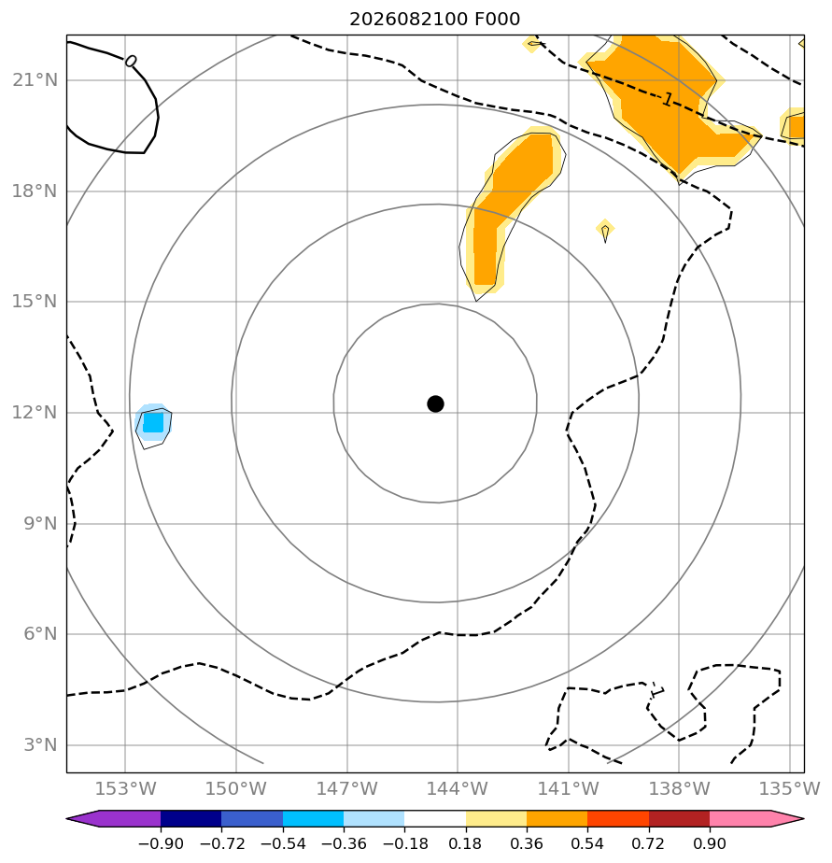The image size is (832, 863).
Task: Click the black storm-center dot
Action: point(435,404)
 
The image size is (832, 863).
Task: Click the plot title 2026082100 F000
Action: point(435,20)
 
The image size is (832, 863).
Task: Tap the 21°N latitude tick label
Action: point(35,80)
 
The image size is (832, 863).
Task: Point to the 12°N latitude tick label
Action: point(35,412)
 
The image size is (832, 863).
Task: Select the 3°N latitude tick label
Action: point(40,744)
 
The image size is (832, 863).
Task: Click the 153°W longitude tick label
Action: point(125,788)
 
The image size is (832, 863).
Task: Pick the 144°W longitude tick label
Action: point(458,788)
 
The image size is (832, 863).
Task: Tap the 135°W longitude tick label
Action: point(790,788)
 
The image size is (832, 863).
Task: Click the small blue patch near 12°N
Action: point(153,423)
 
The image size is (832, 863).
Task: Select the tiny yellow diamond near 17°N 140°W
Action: point(605,229)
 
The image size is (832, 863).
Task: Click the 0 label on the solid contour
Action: point(131,61)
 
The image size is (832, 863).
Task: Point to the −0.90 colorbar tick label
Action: point(161,843)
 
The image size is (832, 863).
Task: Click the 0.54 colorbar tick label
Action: point(587,843)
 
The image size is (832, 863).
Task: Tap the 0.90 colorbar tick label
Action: point(710,843)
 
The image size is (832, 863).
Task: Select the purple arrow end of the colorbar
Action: point(113,818)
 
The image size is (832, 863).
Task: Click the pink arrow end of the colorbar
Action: point(757,818)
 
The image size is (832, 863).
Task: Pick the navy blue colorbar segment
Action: point(190,818)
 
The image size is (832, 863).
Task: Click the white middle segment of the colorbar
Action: point(435,818)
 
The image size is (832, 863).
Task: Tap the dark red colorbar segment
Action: point(679,818)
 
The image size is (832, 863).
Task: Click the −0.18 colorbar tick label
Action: point(405,843)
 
